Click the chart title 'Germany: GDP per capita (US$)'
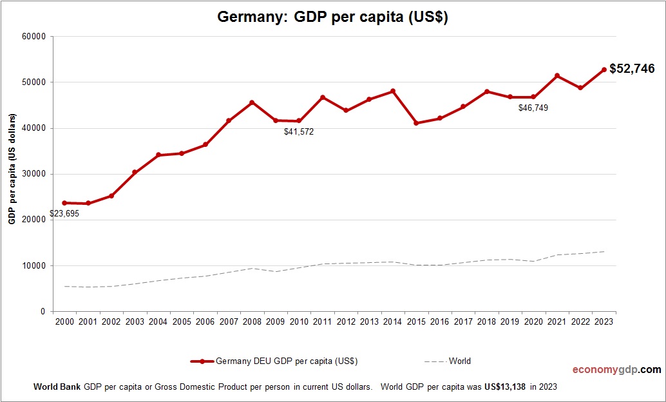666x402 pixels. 332,17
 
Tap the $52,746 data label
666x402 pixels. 632,68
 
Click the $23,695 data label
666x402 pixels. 64,214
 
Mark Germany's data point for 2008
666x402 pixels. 252,102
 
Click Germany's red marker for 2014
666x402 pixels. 392,91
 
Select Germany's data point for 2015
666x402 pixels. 416,123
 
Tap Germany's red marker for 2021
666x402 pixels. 557,76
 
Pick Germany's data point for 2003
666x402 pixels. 135,173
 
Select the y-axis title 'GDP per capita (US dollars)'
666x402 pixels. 12,174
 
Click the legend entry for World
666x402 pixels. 459,361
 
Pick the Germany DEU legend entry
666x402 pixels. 287,361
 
